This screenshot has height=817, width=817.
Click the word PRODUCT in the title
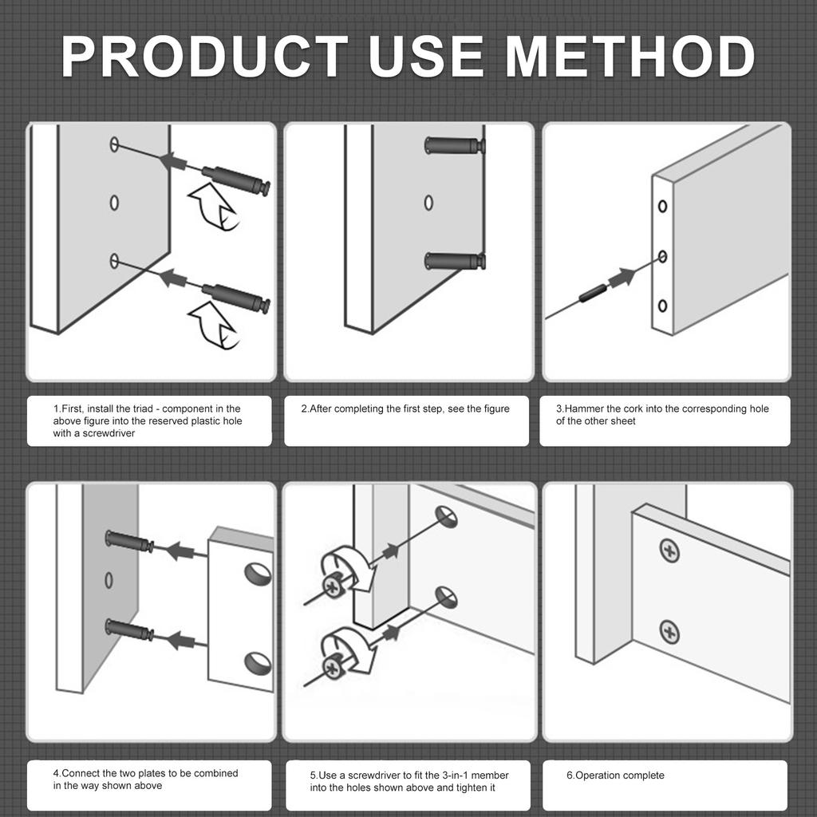[x=205, y=57]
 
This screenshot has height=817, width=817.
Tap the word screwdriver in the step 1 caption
[x=109, y=433]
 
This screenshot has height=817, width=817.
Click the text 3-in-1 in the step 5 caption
[x=448, y=776]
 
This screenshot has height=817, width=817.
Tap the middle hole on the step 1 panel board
[x=114, y=203]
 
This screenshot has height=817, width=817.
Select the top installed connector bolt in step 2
[x=455, y=145]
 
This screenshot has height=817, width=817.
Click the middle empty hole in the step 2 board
[x=428, y=203]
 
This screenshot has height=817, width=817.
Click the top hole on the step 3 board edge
[x=662, y=207]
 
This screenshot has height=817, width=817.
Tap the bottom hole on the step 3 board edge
[x=662, y=306]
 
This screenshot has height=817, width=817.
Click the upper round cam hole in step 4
[x=258, y=574]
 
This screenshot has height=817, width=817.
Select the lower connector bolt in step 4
[x=129, y=630]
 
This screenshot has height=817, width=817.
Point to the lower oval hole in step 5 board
[x=447, y=598]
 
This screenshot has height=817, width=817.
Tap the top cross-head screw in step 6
[x=669, y=550]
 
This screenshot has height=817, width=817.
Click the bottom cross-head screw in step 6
[x=669, y=632]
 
